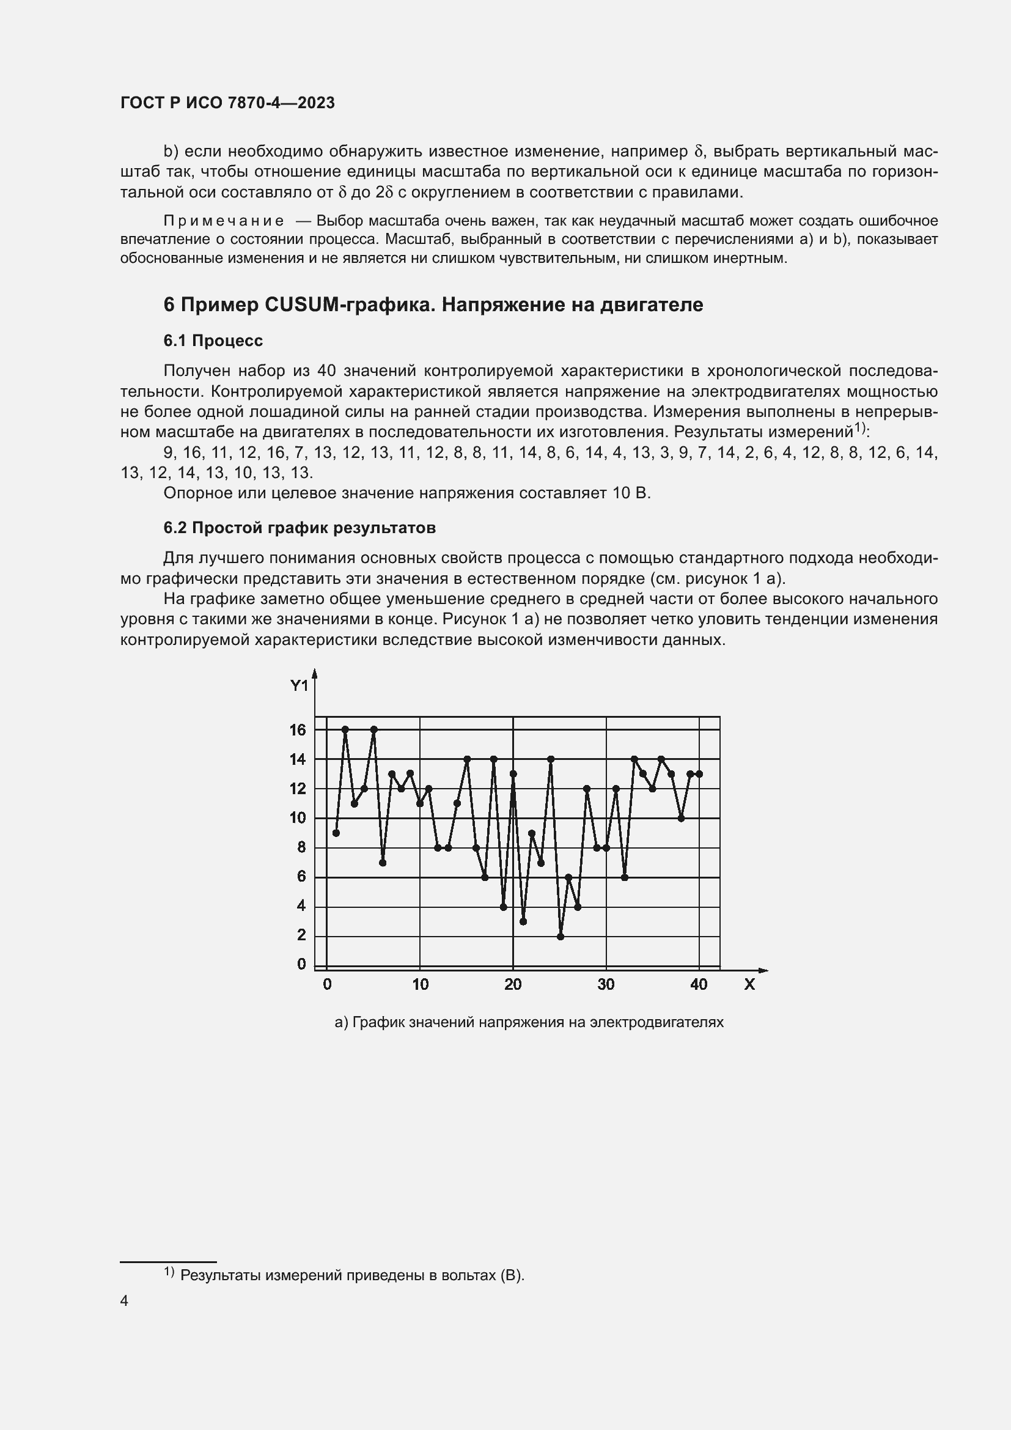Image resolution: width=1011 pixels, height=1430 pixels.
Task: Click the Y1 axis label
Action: pyautogui.click(x=299, y=686)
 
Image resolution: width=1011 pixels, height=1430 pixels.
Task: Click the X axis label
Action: pyautogui.click(x=749, y=985)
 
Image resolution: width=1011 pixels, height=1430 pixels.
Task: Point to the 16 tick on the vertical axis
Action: pyautogui.click(x=298, y=729)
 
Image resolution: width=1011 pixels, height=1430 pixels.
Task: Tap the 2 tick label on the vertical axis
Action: pyautogui.click(x=301, y=935)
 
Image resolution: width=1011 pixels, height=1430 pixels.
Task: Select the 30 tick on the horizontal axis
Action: pyautogui.click(x=606, y=985)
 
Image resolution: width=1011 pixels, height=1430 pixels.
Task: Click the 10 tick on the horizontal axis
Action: pyautogui.click(x=420, y=985)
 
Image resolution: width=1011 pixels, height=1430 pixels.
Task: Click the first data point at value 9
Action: pyautogui.click(x=336, y=833)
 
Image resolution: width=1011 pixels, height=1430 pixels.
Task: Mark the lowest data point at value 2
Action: pyautogui.click(x=561, y=936)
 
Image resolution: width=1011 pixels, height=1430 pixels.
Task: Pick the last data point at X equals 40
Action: pyautogui.click(x=699, y=773)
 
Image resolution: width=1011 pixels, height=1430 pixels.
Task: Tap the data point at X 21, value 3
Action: pyautogui.click(x=523, y=921)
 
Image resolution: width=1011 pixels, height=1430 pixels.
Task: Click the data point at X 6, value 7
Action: pyautogui.click(x=383, y=863)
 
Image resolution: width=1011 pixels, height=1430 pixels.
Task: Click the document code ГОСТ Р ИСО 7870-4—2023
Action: pyautogui.click(x=227, y=103)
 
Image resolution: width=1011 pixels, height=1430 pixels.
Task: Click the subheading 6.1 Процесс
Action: pyautogui.click(x=213, y=341)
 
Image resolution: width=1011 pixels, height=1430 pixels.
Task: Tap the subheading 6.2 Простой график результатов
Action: pyautogui.click(x=300, y=528)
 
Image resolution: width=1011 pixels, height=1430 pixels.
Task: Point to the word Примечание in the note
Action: pyautogui.click(x=224, y=221)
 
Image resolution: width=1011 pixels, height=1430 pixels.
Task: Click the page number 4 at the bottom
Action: pyautogui.click(x=124, y=1300)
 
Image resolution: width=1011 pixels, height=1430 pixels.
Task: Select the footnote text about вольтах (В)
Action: pyautogui.click(x=352, y=1275)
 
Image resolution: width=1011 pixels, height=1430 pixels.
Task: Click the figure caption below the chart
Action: pyautogui.click(x=529, y=1022)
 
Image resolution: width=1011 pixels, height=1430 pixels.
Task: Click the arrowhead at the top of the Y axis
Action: pyautogui.click(x=315, y=673)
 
